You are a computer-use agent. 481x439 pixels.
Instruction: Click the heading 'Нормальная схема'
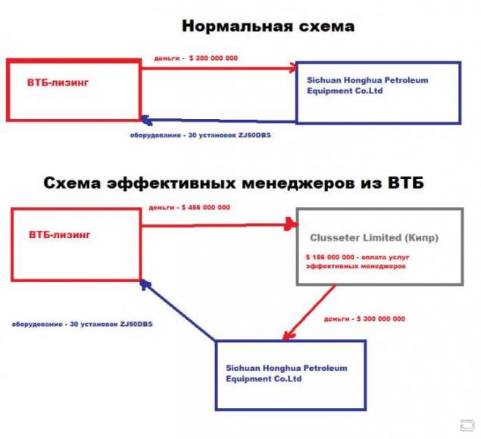[268, 26]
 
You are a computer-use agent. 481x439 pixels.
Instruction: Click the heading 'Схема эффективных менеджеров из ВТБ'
[234, 183]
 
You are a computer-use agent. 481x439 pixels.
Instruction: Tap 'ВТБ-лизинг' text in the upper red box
[58, 83]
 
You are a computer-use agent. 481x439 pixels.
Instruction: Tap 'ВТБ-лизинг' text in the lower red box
[60, 235]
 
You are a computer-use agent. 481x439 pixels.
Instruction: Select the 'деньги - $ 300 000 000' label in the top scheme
[195, 58]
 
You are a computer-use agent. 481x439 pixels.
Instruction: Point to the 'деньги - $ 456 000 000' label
[189, 208]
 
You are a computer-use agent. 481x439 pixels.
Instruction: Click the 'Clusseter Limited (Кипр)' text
[374, 237]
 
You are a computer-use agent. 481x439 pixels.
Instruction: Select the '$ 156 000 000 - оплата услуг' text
[358, 257]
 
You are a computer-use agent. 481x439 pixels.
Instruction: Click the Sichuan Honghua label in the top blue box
[367, 86]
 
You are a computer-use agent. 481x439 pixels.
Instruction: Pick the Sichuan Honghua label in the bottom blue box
[286, 373]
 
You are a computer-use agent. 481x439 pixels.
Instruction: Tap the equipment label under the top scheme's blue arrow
[201, 135]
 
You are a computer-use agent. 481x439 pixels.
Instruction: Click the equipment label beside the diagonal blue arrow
[83, 325]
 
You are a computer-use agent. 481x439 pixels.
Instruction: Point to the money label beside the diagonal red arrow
[364, 319]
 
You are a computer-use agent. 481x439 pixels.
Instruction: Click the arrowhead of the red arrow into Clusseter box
[292, 224]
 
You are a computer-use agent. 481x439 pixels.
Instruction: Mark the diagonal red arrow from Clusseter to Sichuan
[308, 312]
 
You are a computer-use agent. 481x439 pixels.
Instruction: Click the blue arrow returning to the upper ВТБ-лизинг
[218, 120]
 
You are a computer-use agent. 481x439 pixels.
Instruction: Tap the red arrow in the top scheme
[219, 68]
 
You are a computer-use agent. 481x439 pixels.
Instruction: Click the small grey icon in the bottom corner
[467, 426]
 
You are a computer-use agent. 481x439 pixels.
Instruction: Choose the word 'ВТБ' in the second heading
[406, 183]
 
